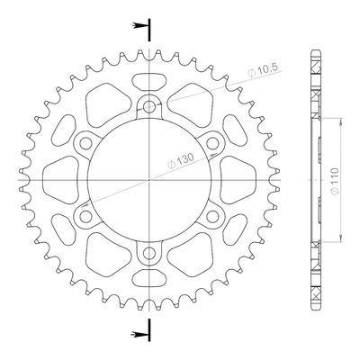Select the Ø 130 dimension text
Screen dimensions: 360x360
[181, 161]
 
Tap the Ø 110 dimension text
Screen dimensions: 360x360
[335, 181]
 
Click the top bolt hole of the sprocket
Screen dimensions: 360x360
[149, 106]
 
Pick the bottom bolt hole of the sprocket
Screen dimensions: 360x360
[149, 254]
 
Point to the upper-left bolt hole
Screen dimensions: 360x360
[85, 143]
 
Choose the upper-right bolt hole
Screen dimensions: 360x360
[212, 143]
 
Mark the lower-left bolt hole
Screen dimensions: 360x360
[85, 217]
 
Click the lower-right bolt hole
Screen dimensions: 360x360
[212, 217]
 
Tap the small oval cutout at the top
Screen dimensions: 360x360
[149, 82]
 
